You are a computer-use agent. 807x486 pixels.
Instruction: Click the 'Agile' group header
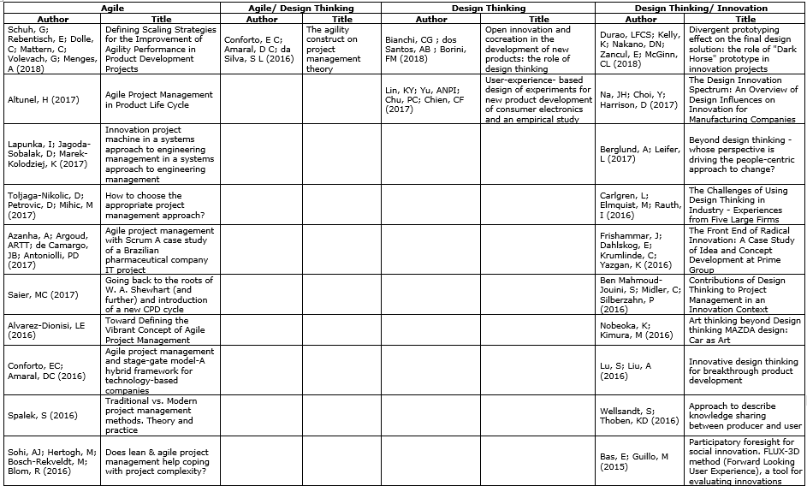pyautogui.click(x=111, y=8)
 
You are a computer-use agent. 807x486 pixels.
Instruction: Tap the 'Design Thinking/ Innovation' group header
pyautogui.click(x=701, y=8)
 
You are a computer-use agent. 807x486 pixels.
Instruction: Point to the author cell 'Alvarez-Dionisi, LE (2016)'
pyautogui.click(x=48, y=330)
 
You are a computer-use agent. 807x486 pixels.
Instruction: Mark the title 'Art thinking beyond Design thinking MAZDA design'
pyautogui.click(x=745, y=330)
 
